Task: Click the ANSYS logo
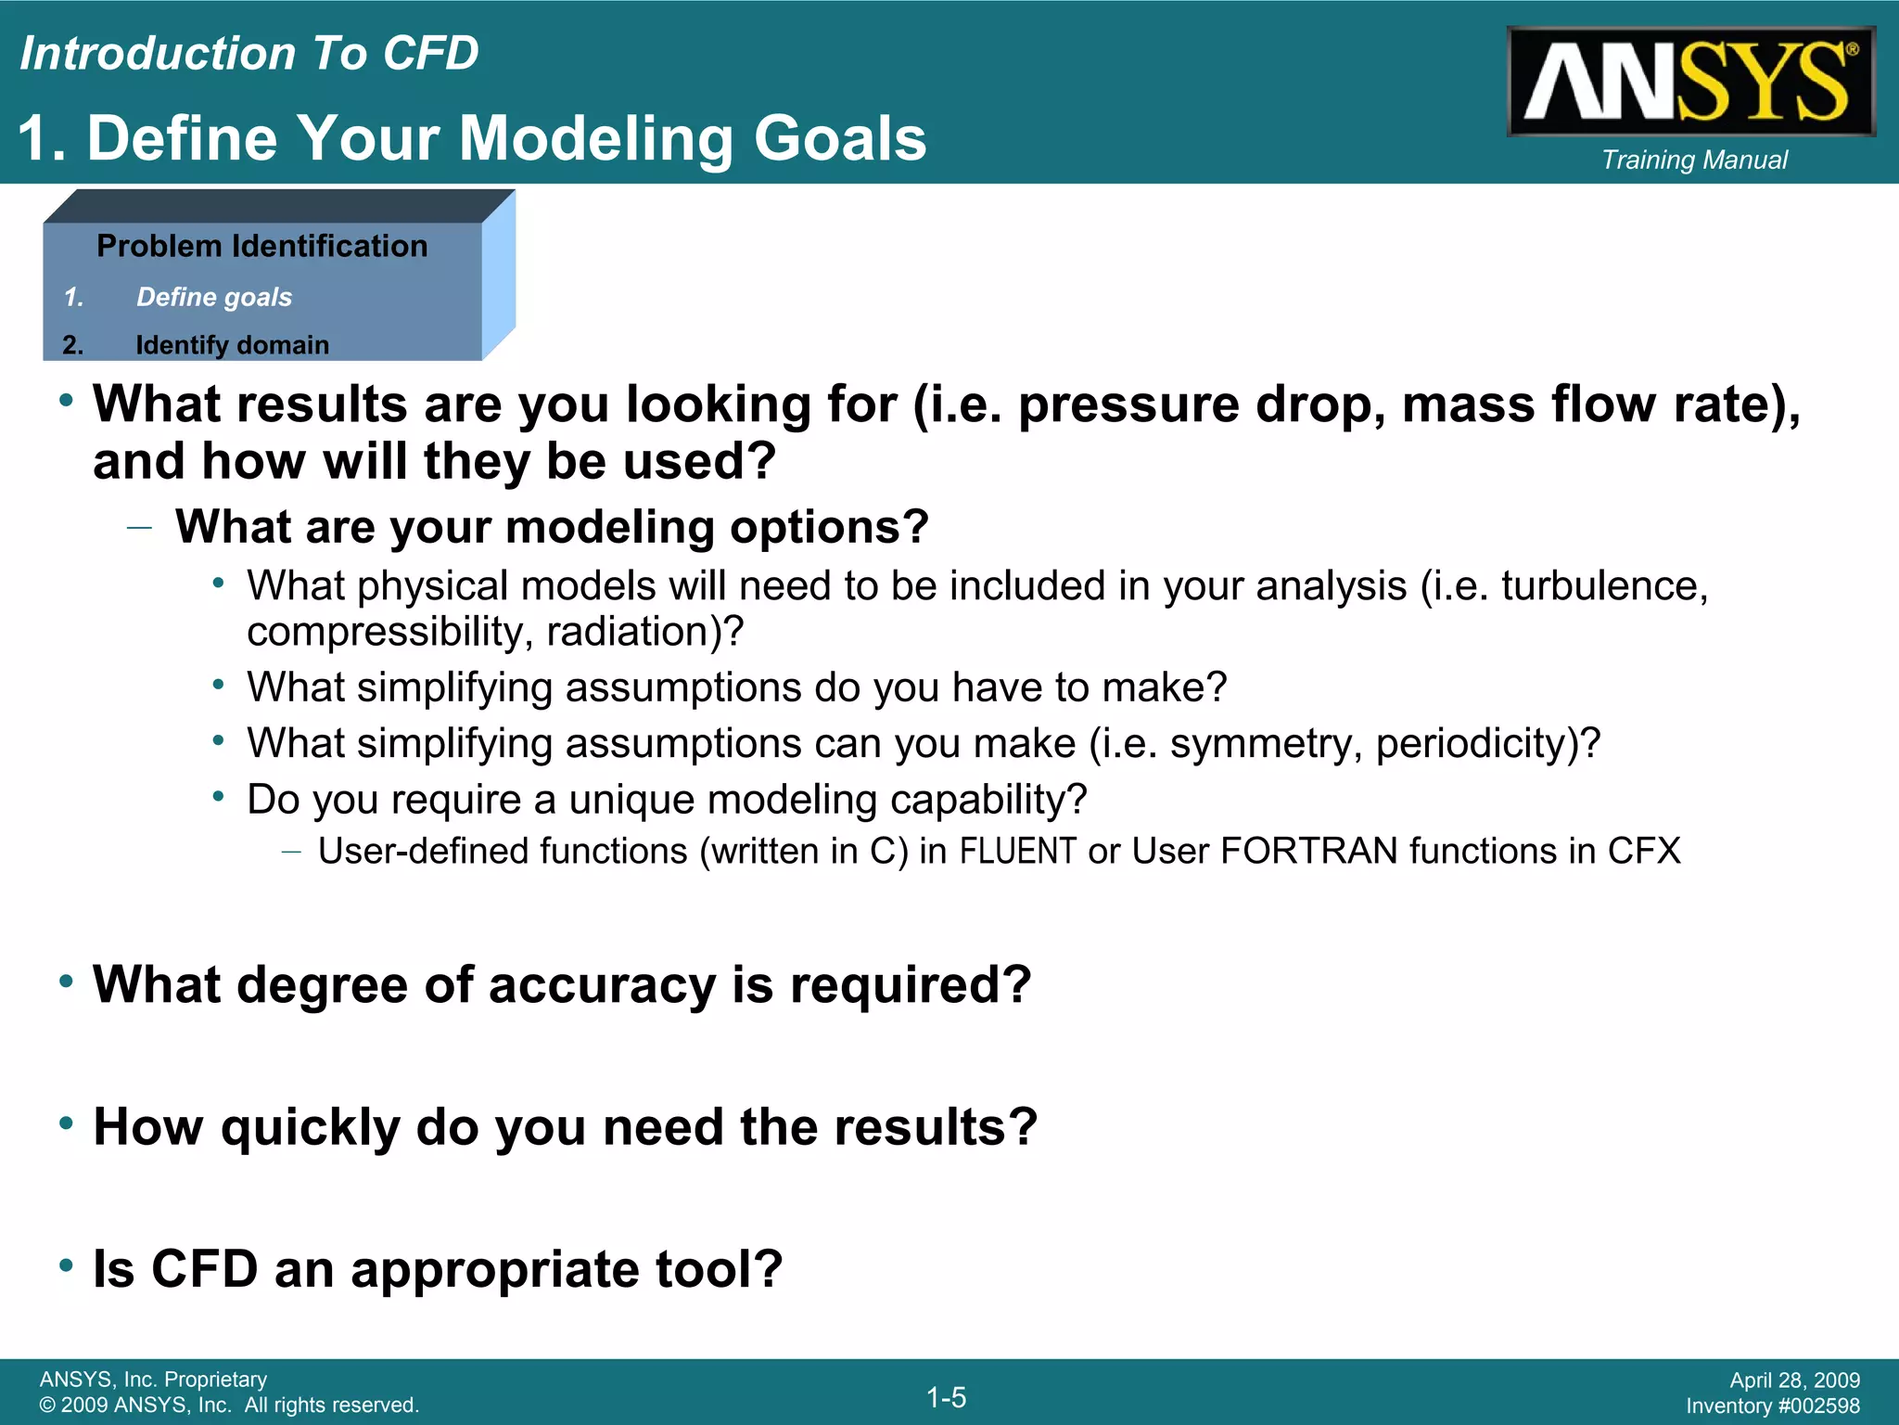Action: point(1690,82)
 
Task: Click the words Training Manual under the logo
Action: point(1694,160)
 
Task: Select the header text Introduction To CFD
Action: point(249,53)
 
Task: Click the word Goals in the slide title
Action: point(839,138)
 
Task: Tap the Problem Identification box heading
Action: point(261,246)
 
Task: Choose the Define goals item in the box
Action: point(213,297)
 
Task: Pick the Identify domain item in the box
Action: point(232,345)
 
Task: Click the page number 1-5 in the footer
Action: point(946,1397)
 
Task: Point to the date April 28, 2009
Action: point(1794,1380)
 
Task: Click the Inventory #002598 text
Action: point(1772,1406)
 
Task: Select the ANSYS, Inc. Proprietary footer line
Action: point(153,1380)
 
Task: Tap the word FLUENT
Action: point(1017,851)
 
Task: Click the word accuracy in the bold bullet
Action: point(602,984)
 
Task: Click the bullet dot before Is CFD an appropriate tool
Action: point(66,1265)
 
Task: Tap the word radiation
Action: point(628,632)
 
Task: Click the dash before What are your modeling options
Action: point(139,528)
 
